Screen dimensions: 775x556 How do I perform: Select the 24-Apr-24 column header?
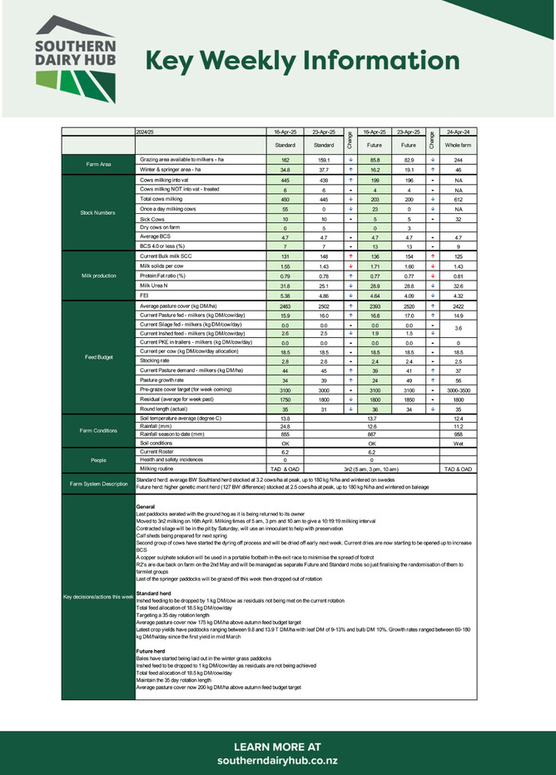[x=458, y=132]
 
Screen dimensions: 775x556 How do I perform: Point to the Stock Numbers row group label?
[x=97, y=212]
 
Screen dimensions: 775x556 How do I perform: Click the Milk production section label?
[x=97, y=276]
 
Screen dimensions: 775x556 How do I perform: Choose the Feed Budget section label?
[x=97, y=356]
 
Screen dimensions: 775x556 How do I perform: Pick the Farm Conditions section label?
[x=97, y=430]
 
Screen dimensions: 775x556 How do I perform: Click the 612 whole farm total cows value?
[x=458, y=199]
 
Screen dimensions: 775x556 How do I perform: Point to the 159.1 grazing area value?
[x=324, y=159]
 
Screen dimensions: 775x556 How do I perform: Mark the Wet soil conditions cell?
[x=458, y=444]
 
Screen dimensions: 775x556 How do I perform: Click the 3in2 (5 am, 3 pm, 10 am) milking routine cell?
[x=371, y=469]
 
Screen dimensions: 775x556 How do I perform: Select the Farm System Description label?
[x=97, y=484]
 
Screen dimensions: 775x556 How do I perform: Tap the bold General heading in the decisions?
[x=145, y=507]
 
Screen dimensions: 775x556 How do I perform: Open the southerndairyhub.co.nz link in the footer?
[x=278, y=761]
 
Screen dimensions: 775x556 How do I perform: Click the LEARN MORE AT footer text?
[x=278, y=746]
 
